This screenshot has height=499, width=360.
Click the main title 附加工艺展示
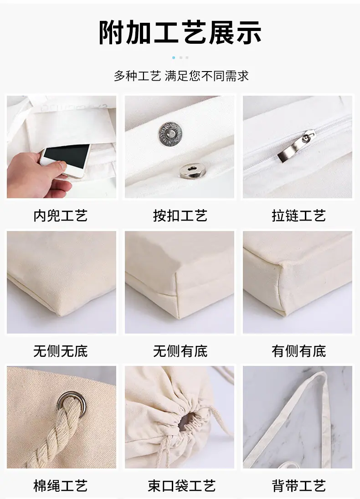pyautogui.click(x=180, y=32)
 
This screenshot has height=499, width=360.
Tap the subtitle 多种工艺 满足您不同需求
pyautogui.click(x=181, y=76)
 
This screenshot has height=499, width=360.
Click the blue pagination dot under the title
pyautogui.click(x=174, y=57)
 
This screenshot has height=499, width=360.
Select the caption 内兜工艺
pyautogui.click(x=61, y=216)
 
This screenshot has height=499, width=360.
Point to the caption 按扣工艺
pyautogui.click(x=180, y=216)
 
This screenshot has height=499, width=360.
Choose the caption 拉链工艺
pyautogui.click(x=298, y=216)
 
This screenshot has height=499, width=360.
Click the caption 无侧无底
pyautogui.click(x=61, y=351)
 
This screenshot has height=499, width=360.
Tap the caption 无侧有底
pyautogui.click(x=180, y=351)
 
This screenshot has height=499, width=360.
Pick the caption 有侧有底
pyautogui.click(x=298, y=351)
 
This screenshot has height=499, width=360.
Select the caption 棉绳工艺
pyautogui.click(x=61, y=486)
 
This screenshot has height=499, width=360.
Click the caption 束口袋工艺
pyautogui.click(x=181, y=486)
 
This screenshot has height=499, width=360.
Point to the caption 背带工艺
pyautogui.click(x=298, y=486)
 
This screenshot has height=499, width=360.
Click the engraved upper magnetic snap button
pyautogui.click(x=171, y=134)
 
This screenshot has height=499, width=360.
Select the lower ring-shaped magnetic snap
pyautogui.click(x=192, y=170)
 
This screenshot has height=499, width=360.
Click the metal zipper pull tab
pyautogui.click(x=297, y=146)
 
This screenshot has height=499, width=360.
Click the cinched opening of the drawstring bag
pyautogui.click(x=186, y=422)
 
